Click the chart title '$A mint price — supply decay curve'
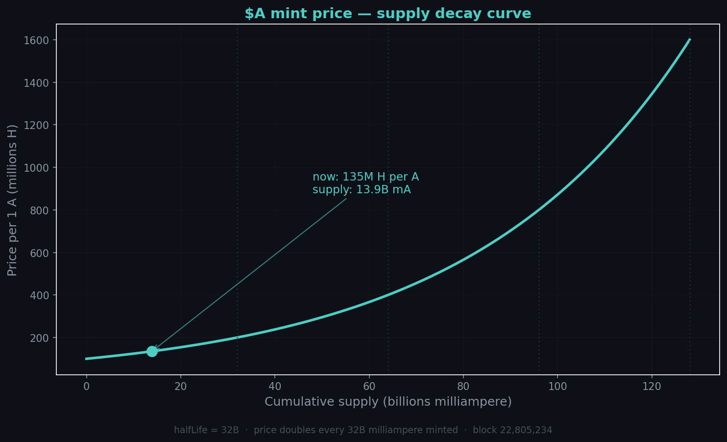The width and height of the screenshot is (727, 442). pyautogui.click(x=388, y=14)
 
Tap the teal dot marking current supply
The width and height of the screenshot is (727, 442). pyautogui.click(x=152, y=351)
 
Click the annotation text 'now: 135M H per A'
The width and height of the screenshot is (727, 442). pyautogui.click(x=365, y=177)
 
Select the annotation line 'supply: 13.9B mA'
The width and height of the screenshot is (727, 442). pyautogui.click(x=362, y=190)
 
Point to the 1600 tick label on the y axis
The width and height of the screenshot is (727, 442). pyautogui.click(x=36, y=40)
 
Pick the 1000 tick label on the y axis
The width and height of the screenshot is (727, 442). pyautogui.click(x=36, y=168)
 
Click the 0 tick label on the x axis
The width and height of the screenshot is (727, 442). pyautogui.click(x=87, y=387)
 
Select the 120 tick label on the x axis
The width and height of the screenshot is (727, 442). pyautogui.click(x=652, y=387)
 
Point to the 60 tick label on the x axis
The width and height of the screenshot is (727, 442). pyautogui.click(x=369, y=387)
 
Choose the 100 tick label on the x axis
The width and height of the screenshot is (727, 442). pyautogui.click(x=557, y=387)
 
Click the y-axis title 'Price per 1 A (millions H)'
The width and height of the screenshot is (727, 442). pyautogui.click(x=13, y=200)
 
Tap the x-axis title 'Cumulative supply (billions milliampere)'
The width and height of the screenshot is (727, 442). pyautogui.click(x=388, y=402)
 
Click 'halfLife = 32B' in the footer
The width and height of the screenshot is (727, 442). pyautogui.click(x=206, y=430)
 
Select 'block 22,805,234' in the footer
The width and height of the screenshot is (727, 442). pyautogui.click(x=512, y=430)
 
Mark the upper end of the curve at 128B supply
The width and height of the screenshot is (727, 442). pyautogui.click(x=689, y=40)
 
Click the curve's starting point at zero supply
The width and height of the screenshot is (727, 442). pyautogui.click(x=87, y=359)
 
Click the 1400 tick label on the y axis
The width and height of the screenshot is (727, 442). pyautogui.click(x=36, y=83)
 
